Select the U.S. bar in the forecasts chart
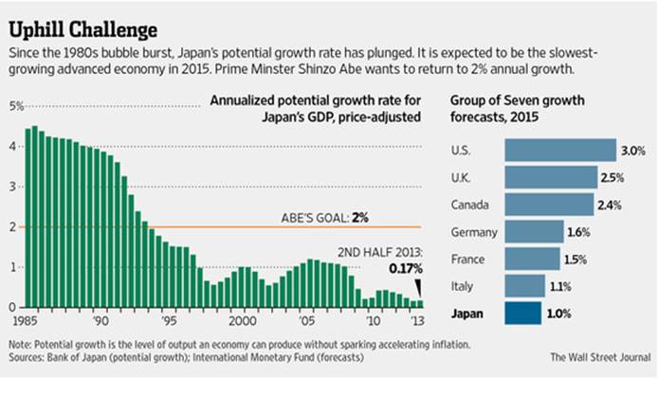(x=560, y=150)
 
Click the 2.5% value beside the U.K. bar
(x=612, y=177)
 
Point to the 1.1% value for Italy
(x=559, y=286)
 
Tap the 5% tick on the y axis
(x=16, y=105)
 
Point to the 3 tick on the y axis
(x=12, y=187)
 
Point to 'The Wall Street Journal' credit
(x=599, y=357)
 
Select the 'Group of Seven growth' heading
(x=508, y=102)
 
